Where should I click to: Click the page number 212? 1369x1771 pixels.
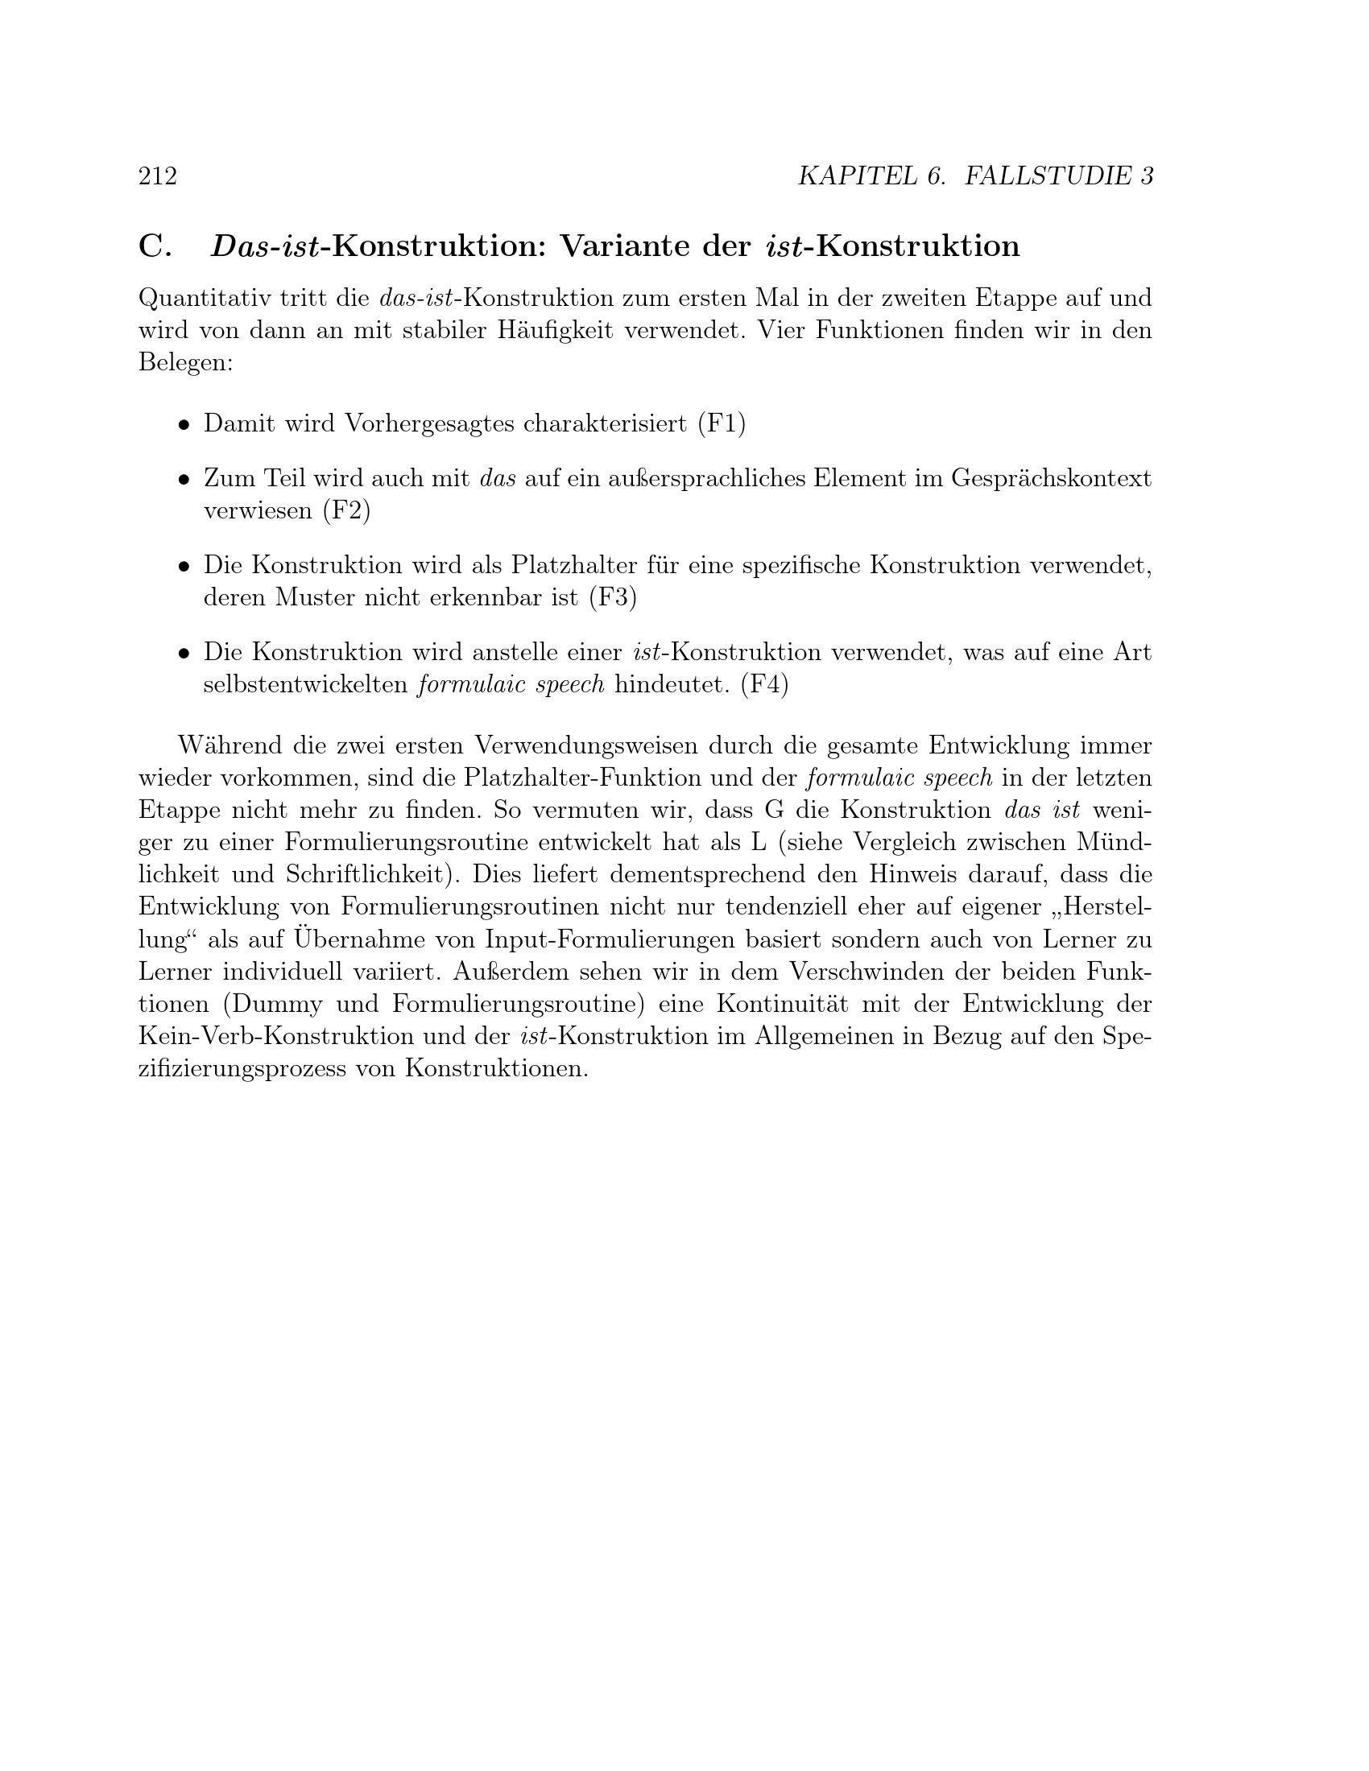(x=158, y=176)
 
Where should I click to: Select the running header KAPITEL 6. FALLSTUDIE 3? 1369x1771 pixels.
(x=975, y=176)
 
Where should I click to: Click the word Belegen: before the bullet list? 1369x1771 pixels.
(x=186, y=362)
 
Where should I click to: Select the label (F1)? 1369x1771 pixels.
(x=721, y=423)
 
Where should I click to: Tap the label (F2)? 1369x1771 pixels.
(x=346, y=511)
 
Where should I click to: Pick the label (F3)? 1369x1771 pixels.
(x=613, y=597)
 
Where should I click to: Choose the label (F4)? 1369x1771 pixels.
(x=765, y=685)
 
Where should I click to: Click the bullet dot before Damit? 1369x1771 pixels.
(x=185, y=424)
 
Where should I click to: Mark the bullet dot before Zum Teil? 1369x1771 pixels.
(x=185, y=479)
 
